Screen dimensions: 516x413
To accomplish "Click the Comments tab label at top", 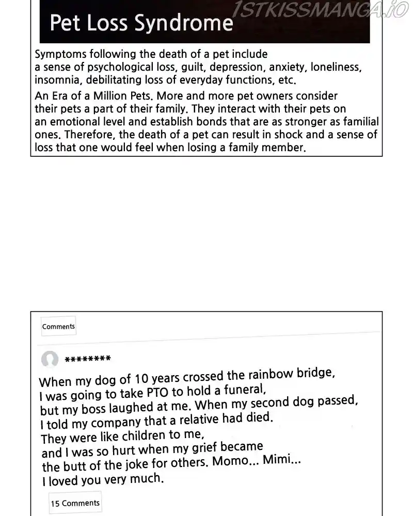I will click(58, 326).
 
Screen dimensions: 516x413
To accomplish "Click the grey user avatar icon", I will click(50, 359).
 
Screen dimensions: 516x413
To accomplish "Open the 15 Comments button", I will click(75, 503).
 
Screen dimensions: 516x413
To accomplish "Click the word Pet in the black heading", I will click(64, 23).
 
